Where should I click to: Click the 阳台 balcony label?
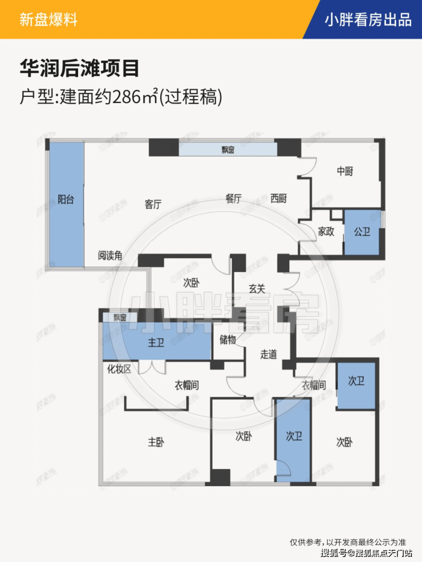coord(66,200)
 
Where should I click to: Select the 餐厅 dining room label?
coord(234,199)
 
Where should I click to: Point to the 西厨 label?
coord(279,199)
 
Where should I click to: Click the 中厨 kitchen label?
coord(344,171)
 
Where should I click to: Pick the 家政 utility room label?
coord(326,232)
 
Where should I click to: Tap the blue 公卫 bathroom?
coord(362,232)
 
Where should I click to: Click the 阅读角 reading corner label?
coord(109,256)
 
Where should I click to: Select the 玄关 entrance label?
coord(257,289)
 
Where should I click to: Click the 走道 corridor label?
coord(269,354)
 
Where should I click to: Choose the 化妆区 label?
coord(119,369)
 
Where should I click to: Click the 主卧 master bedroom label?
coord(156,442)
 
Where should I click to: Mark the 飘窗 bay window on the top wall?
coord(228,150)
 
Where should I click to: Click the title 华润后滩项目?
coord(79,69)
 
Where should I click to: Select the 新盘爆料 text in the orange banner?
coord(48,20)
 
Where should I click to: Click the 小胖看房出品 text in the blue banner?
coord(368,20)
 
